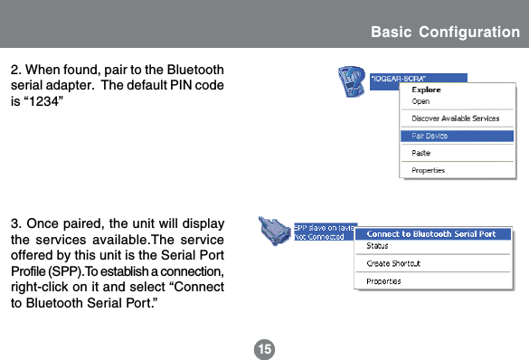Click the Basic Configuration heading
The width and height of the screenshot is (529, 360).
[x=445, y=33]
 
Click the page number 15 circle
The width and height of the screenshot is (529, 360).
[x=264, y=348]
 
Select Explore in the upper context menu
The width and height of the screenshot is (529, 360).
[x=427, y=90]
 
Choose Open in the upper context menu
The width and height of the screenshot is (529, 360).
[x=421, y=100]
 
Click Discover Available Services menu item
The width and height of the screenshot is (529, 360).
[x=455, y=118]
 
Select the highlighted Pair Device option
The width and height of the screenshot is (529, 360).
[x=430, y=136]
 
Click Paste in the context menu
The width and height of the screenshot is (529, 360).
[x=422, y=153]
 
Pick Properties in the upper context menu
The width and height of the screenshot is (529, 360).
[x=429, y=170]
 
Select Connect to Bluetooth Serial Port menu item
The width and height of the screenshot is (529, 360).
[x=430, y=233]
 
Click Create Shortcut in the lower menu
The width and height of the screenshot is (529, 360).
[x=393, y=263]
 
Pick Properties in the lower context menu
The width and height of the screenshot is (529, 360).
[x=383, y=281]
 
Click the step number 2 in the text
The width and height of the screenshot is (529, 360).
[x=14, y=70]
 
